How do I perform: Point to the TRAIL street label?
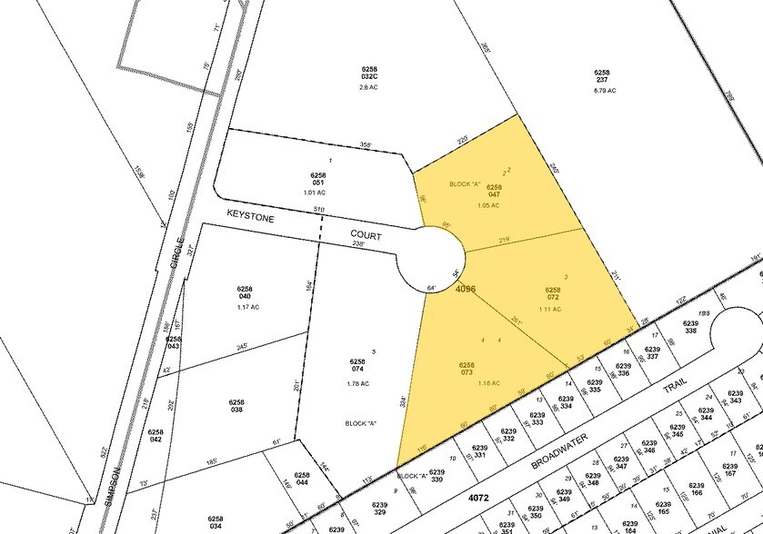pos(671,385)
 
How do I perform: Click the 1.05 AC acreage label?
pos(489,204)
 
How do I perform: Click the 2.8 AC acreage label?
pos(368,88)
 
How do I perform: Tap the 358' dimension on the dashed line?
pos(339,145)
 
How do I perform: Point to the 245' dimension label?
pos(242,346)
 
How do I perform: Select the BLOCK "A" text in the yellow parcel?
pos(464,184)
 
